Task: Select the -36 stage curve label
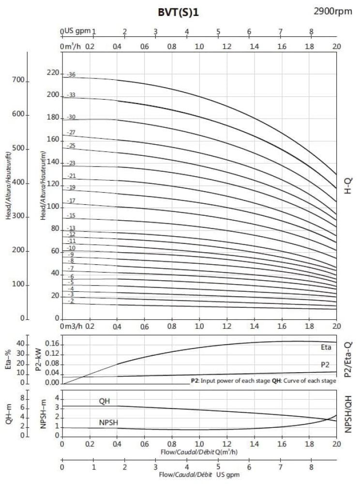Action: pyautogui.click(x=71, y=75)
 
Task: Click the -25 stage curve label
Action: pyautogui.click(x=71, y=145)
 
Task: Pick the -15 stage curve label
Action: pyautogui.click(x=71, y=215)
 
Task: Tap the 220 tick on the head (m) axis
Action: pyautogui.click(x=52, y=73)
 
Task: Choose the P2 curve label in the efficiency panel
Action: pyautogui.click(x=326, y=364)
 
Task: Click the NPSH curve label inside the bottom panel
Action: pyautogui.click(x=109, y=422)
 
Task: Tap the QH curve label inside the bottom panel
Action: pyautogui.click(x=105, y=401)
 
